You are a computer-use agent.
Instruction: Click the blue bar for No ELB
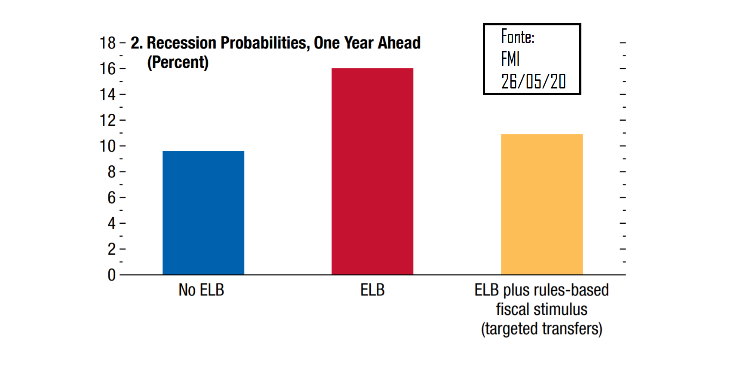click(203, 213)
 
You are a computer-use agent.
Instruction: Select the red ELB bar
click(372, 171)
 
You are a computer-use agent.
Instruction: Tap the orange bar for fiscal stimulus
click(542, 204)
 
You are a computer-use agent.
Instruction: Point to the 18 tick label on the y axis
click(107, 43)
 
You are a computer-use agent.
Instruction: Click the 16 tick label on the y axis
click(107, 69)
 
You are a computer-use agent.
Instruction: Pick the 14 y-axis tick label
click(107, 94)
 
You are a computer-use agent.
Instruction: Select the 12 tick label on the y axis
click(107, 120)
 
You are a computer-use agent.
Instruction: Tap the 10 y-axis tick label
click(107, 146)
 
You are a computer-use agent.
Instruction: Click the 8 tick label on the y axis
click(112, 172)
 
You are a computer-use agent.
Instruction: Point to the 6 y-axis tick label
click(112, 198)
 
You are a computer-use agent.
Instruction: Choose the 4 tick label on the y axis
click(112, 223)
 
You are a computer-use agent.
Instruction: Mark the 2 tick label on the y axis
click(112, 249)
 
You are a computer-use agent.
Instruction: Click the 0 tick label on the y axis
click(112, 275)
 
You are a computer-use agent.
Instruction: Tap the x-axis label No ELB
click(201, 290)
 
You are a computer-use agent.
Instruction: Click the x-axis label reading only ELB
click(372, 290)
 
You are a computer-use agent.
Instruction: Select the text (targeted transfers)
click(542, 328)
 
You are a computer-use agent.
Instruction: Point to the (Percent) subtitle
click(178, 62)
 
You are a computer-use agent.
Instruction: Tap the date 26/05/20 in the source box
click(533, 81)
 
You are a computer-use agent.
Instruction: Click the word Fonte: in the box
click(518, 36)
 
